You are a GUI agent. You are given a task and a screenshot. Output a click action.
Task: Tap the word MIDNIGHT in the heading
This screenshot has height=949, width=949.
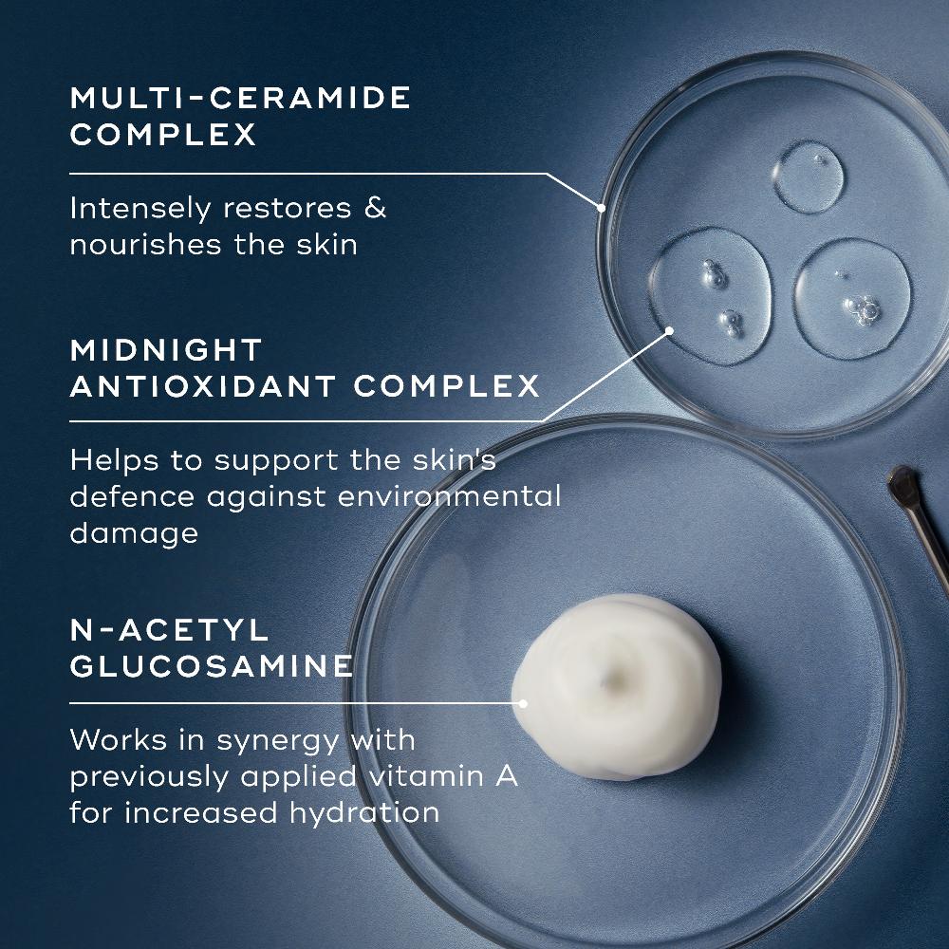[166, 349]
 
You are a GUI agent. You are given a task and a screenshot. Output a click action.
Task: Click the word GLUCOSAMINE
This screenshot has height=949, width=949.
[212, 665]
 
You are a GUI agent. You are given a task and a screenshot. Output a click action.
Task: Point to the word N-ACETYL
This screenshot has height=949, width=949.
[157, 629]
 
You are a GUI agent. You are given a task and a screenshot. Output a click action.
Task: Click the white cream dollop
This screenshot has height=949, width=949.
[617, 683]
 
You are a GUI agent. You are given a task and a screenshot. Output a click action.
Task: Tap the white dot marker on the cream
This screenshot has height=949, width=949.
[522, 703]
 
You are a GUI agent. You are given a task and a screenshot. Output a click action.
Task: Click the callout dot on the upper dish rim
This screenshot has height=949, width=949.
[601, 206]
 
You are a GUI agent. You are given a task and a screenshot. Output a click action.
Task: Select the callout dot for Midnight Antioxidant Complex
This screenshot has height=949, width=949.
[669, 331]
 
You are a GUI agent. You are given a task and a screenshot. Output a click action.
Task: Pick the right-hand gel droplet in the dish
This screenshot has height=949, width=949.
[851, 296]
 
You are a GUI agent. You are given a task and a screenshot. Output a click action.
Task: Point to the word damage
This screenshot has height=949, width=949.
[134, 533]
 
